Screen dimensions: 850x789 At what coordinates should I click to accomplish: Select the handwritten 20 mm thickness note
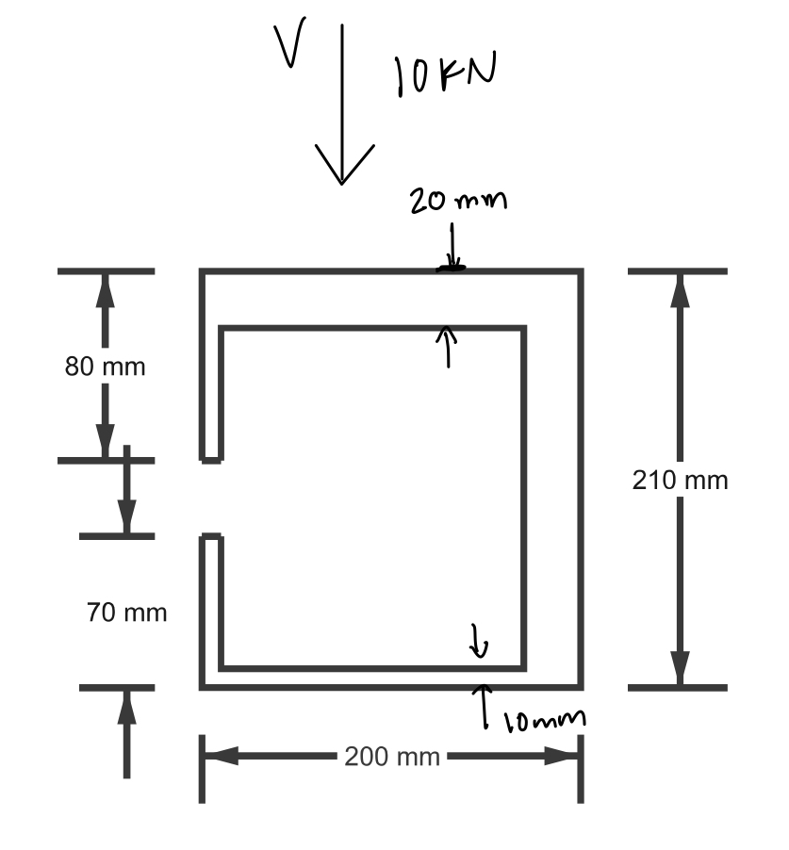coord(457,200)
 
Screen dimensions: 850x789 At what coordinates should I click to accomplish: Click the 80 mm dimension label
coord(106,366)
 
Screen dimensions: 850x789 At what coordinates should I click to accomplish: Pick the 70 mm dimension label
coord(126,613)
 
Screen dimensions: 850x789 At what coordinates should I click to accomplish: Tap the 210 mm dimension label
coord(680,480)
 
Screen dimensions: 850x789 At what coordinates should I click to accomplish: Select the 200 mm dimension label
coord(391,757)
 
